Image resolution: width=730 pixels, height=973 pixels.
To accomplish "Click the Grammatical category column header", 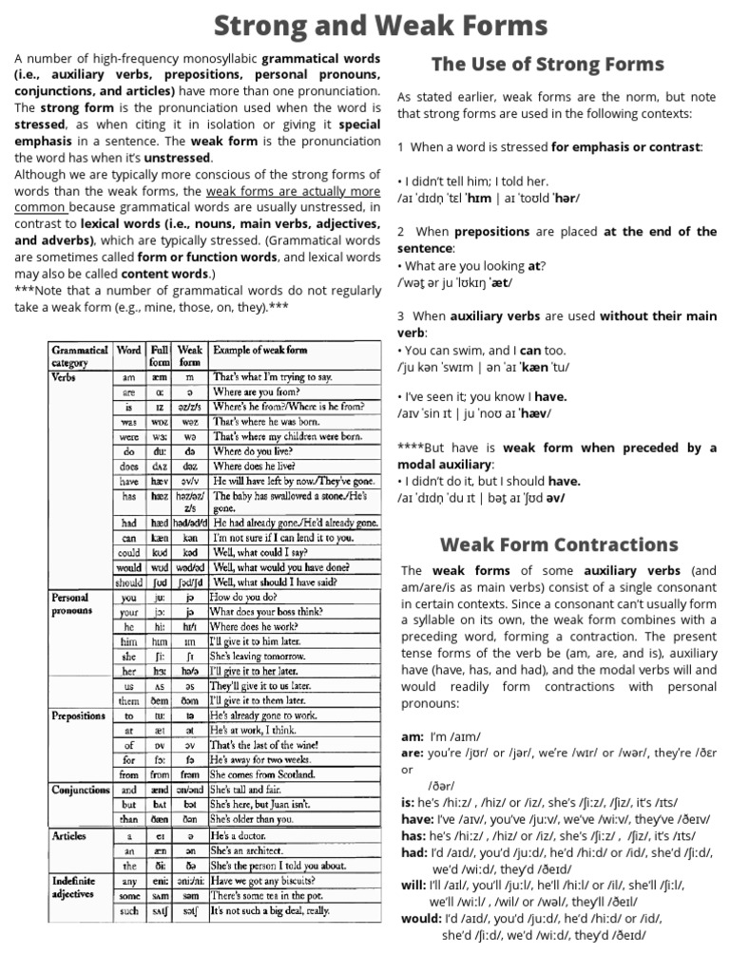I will click(80, 355).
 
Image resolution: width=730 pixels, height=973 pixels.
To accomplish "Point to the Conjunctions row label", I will click(81, 790).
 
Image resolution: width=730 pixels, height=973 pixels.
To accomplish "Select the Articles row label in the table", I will click(68, 836).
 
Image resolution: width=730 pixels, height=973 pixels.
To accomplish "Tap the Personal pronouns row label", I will click(71, 604).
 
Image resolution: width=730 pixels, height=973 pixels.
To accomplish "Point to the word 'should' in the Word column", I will click(128, 582).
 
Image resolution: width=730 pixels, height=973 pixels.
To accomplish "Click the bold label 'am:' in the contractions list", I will click(412, 736).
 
